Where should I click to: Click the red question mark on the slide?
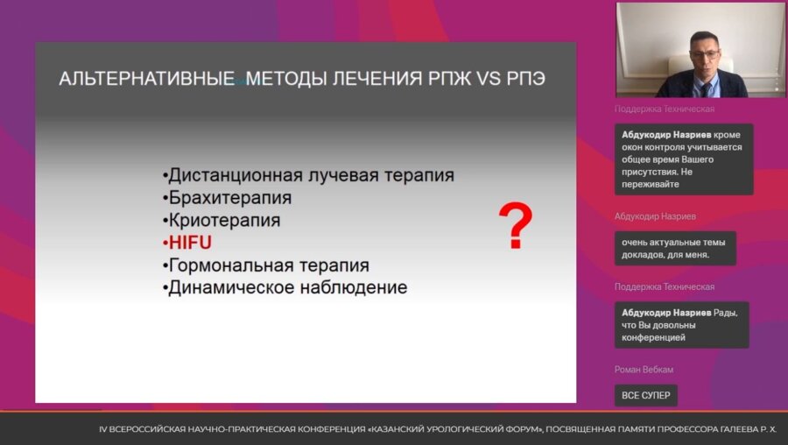515,225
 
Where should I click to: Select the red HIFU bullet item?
187,243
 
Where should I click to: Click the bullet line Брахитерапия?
227,198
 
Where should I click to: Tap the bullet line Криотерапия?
222,220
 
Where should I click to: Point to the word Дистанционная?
236,175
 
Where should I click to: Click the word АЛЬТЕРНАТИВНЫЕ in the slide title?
147,79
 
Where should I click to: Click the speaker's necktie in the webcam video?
706,90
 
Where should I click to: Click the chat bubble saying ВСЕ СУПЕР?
646,395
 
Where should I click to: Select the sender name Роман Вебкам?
644,370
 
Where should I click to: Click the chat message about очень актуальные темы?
675,249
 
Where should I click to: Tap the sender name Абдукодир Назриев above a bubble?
655,216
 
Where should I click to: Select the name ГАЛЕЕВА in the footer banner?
738,429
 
